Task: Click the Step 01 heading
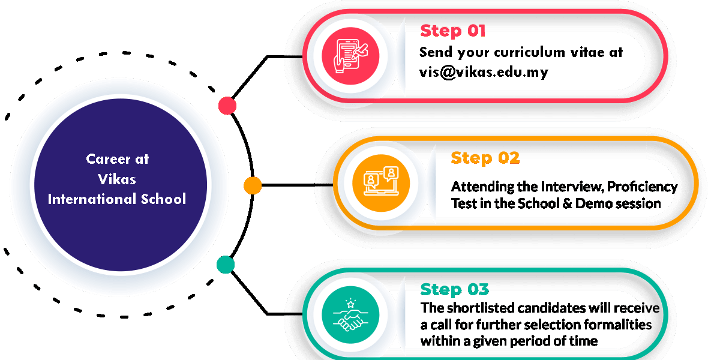click(x=452, y=31)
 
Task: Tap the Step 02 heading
click(x=485, y=158)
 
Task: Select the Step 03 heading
click(x=454, y=289)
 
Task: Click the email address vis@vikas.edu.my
click(x=484, y=72)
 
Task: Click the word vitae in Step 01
click(x=586, y=52)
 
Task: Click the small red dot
click(x=227, y=106)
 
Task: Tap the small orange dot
click(x=253, y=185)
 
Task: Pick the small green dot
click(x=226, y=265)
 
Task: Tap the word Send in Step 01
click(x=436, y=52)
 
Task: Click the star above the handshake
click(x=351, y=304)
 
